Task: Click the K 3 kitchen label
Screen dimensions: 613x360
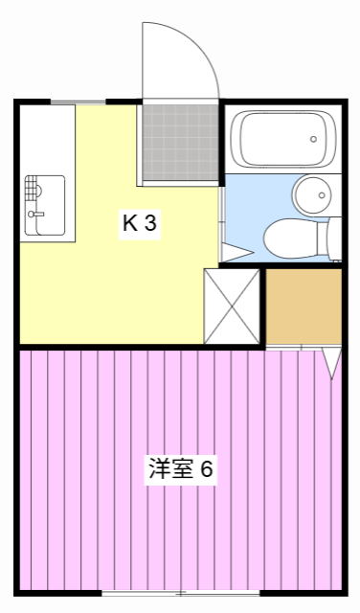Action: (138, 224)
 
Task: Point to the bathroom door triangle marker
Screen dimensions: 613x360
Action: (236, 254)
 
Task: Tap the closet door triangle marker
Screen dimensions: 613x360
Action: (331, 363)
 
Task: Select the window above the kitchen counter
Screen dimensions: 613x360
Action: (78, 101)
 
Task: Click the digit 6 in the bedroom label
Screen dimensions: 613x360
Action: (206, 470)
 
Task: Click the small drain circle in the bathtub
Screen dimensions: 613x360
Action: (313, 140)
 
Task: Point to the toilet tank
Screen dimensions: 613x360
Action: (333, 238)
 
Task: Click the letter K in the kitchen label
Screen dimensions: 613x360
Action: (128, 224)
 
